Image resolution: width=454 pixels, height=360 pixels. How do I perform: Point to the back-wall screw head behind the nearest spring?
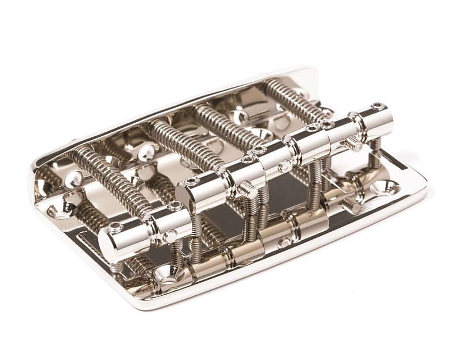point(74,179)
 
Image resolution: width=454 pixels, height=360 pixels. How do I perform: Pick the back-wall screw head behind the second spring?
point(146,150)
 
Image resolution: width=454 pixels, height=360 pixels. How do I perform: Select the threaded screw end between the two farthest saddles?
point(353,144)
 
